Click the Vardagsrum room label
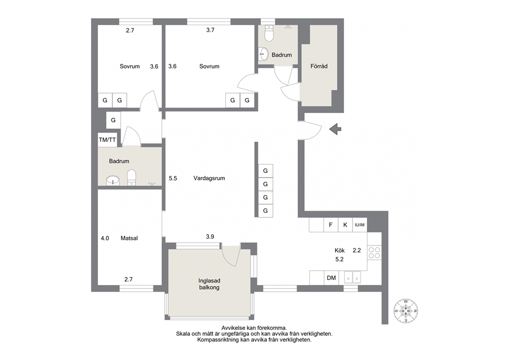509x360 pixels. pyautogui.click(x=209, y=178)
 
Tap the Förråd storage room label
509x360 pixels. pyautogui.click(x=319, y=66)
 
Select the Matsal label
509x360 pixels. pyautogui.click(x=129, y=238)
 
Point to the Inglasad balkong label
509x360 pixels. pyautogui.click(x=209, y=284)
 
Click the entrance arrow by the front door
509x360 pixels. pyautogui.click(x=336, y=129)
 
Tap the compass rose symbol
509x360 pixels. pyautogui.click(x=406, y=311)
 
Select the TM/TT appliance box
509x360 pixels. pyautogui.click(x=107, y=140)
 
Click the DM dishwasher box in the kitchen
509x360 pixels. pyautogui.click(x=331, y=278)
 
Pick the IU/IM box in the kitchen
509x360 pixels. pyautogui.click(x=360, y=225)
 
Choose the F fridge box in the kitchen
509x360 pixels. pyautogui.click(x=331, y=225)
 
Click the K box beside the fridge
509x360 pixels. pyautogui.click(x=345, y=225)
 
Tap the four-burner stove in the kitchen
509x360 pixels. pyautogui.click(x=375, y=253)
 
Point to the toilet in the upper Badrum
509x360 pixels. pyautogui.click(x=269, y=34)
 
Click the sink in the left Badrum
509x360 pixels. pyautogui.click(x=113, y=180)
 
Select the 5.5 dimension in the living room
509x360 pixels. pyautogui.click(x=173, y=178)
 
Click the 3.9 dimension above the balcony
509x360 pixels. pyautogui.click(x=210, y=237)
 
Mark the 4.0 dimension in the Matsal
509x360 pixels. pyautogui.click(x=105, y=238)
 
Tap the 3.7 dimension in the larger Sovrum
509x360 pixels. pyautogui.click(x=210, y=30)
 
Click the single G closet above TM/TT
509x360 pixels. pyautogui.click(x=113, y=120)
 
